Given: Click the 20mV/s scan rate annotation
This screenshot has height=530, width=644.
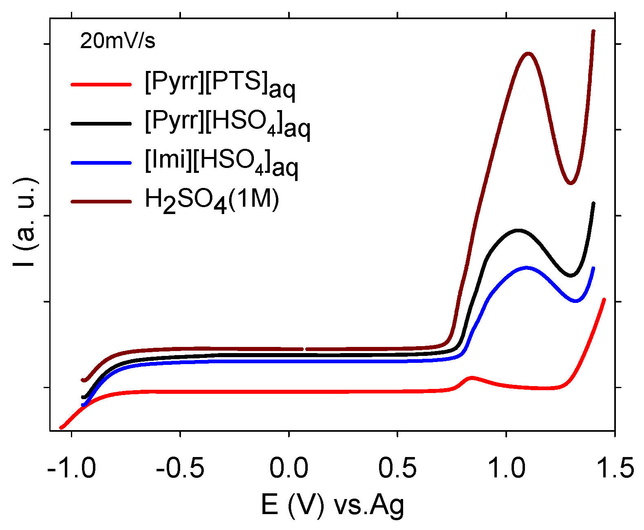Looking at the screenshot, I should [117, 41].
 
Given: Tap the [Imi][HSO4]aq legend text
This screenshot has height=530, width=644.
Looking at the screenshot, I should [221, 162].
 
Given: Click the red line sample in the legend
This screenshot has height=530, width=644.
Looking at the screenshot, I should [101, 84].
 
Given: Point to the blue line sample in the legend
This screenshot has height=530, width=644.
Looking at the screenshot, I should [101, 163].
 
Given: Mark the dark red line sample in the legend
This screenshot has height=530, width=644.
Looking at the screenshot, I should [101, 201].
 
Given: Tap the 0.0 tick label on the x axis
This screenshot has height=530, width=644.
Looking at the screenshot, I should [289, 468].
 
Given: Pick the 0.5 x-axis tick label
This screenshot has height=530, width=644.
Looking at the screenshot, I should [397, 468].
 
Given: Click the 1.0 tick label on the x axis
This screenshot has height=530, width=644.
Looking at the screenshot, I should [506, 468].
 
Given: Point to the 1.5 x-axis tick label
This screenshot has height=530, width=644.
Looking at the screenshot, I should [614, 468].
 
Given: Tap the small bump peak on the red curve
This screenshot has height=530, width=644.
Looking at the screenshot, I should [472, 378].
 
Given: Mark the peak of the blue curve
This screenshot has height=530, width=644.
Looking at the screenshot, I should [526, 267].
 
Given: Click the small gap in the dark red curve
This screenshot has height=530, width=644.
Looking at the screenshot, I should [304, 349].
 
